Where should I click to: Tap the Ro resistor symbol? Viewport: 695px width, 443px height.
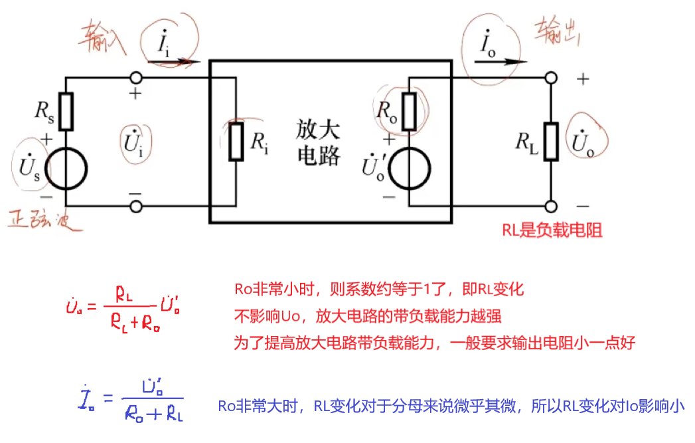click(x=409, y=110)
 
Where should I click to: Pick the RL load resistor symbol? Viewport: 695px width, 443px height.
click(x=550, y=141)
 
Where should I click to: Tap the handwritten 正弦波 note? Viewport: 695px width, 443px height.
click(x=44, y=220)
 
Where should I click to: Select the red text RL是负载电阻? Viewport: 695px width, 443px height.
click(x=552, y=230)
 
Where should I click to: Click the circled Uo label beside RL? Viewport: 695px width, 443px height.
click(x=583, y=142)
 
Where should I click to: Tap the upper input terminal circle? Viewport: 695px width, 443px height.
click(x=136, y=78)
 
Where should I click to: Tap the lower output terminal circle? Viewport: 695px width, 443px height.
click(x=550, y=206)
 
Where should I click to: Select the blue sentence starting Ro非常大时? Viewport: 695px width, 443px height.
click(x=451, y=406)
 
